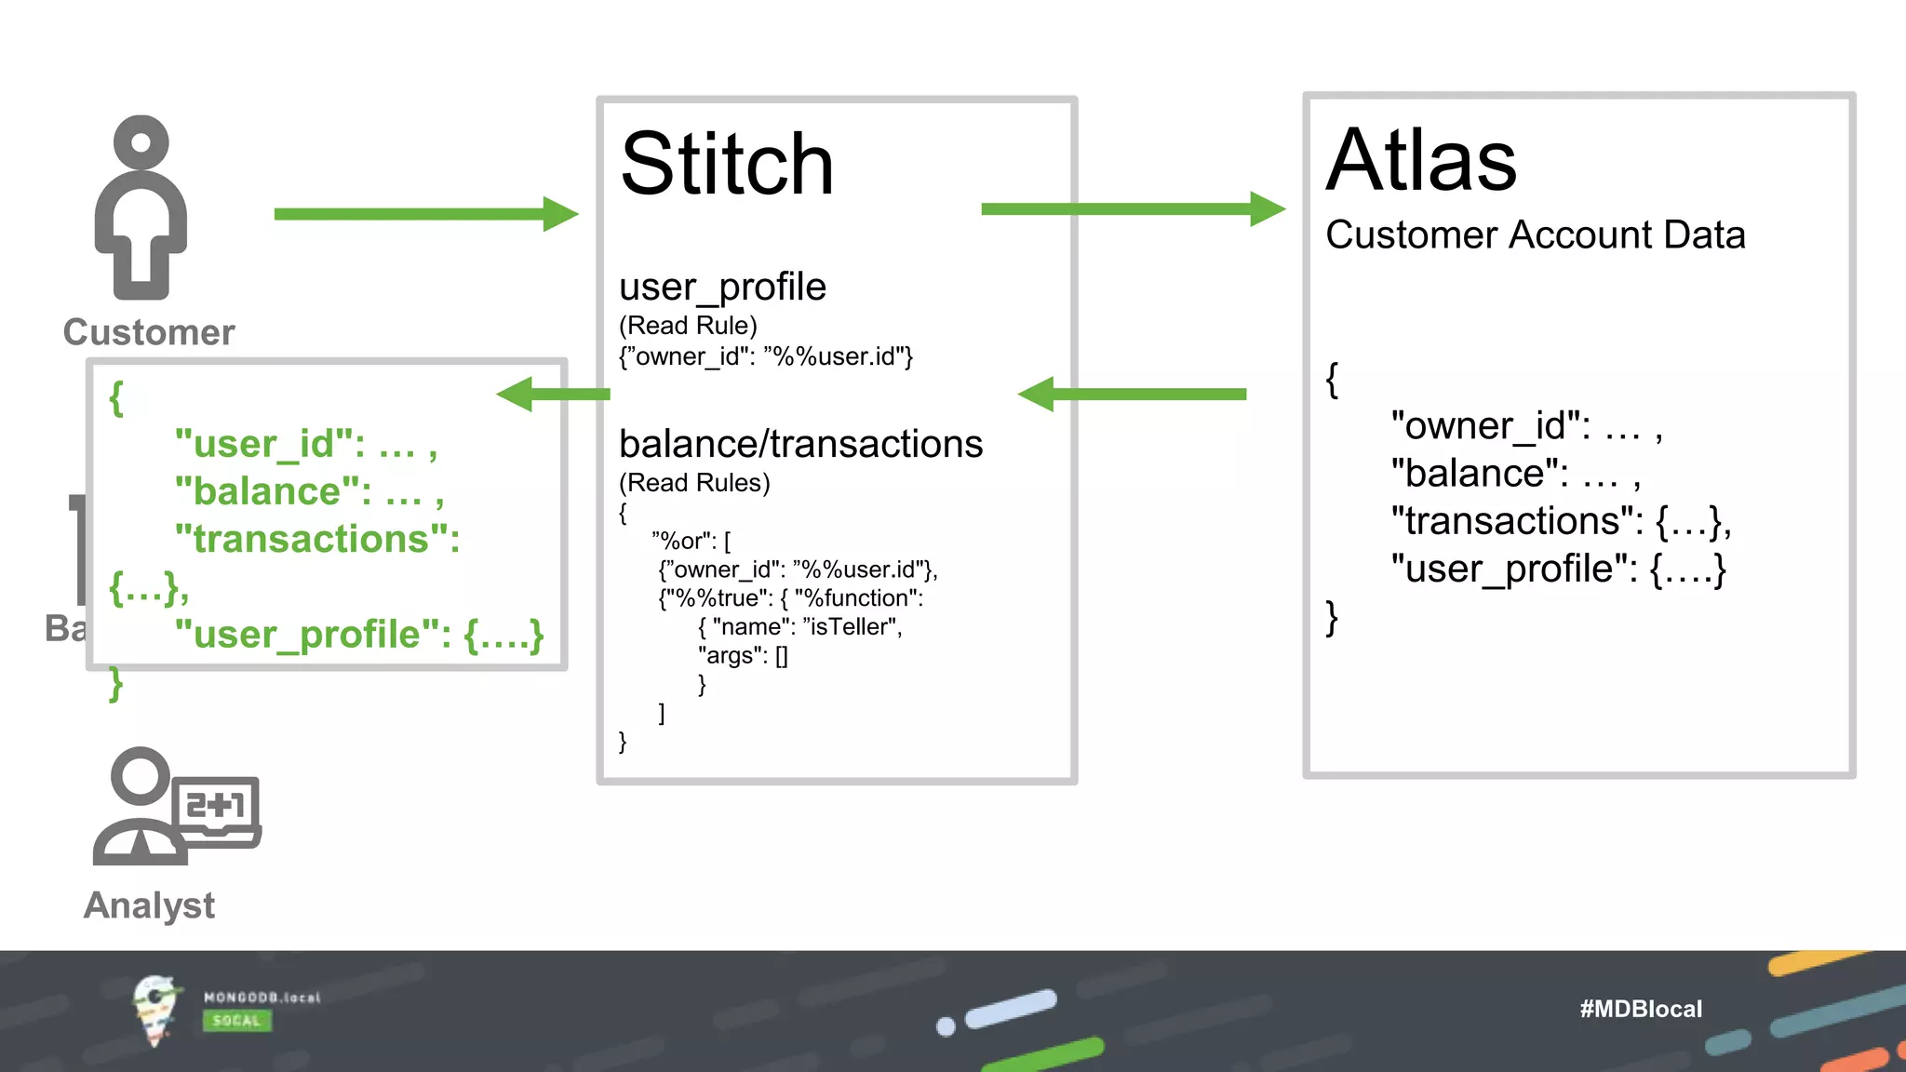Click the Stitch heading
point(727,165)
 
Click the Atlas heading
point(1421,161)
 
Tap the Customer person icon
point(141,208)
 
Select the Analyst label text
point(149,905)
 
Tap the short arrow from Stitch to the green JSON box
point(553,394)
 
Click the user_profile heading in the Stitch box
point(722,287)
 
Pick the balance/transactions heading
point(800,444)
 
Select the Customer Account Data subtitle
point(1535,234)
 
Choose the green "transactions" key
point(316,539)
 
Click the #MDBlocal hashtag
point(1640,1009)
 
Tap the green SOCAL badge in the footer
point(236,1021)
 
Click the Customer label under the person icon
point(149,332)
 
